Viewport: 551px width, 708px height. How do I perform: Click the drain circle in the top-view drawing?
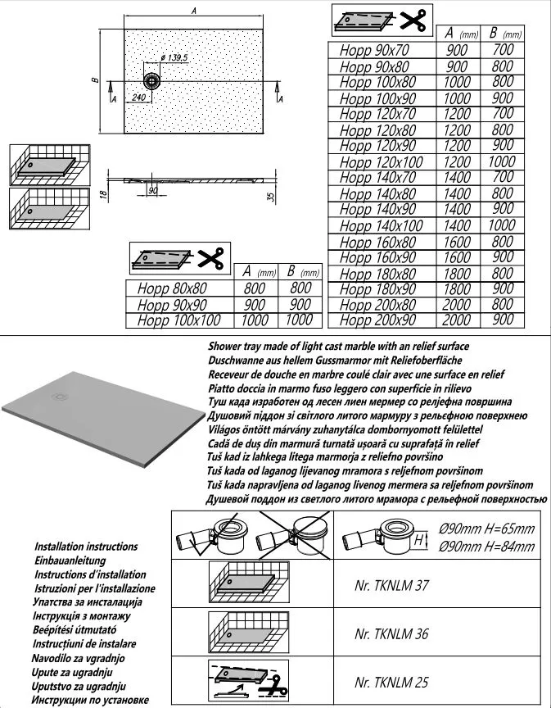[152, 81]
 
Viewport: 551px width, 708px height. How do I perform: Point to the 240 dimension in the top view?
[138, 97]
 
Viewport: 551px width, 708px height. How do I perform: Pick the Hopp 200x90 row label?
[379, 320]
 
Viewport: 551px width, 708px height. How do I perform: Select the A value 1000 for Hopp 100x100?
[256, 320]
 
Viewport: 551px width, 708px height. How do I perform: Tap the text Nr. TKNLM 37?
[392, 586]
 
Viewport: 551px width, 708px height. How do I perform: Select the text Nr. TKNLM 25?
[392, 682]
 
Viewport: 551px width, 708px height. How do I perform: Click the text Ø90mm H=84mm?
[486, 547]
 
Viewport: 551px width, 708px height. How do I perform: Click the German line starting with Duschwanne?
[336, 360]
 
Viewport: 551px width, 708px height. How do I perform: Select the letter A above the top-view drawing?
[193, 11]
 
